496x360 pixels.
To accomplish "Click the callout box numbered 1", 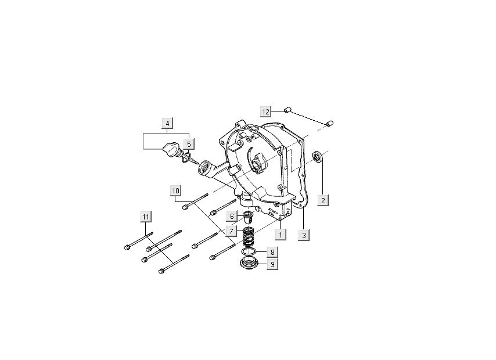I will pos(281,235).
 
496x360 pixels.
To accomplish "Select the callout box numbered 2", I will pos(324,200).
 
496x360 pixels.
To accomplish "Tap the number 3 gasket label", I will pos(304,235).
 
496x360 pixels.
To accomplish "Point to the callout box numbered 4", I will pos(167,123).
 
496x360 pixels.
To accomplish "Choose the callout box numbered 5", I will pos(188,143).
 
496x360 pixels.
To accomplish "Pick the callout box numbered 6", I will pos(232,216).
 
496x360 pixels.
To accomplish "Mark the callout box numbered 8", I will pos(272,253).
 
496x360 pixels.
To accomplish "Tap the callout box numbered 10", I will pos(175,190).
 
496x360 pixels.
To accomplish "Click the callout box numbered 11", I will pos(145,217).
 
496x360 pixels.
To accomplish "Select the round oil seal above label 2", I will pos(319,156).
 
